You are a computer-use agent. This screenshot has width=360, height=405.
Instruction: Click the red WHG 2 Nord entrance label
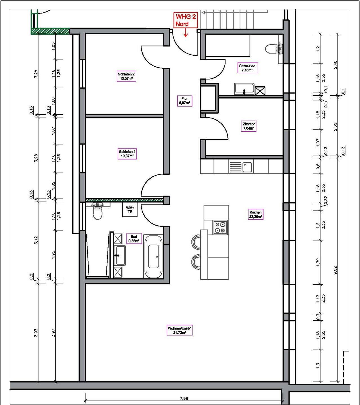click(x=185, y=20)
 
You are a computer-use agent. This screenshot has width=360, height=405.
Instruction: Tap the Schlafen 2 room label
click(x=126, y=76)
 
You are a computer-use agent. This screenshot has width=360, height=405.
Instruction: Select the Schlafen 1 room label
click(x=127, y=154)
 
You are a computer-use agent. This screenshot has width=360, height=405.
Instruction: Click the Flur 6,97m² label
click(x=184, y=101)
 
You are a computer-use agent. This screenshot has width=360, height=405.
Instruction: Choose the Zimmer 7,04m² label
click(x=249, y=126)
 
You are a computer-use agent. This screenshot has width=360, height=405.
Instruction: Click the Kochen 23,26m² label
click(x=256, y=214)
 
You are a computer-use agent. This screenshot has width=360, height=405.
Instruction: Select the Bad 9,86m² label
click(x=134, y=239)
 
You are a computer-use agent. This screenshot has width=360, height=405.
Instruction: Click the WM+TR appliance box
click(x=130, y=210)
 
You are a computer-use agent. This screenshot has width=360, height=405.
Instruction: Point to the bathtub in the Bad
click(x=153, y=257)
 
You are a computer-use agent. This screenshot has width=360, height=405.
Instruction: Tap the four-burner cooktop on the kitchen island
click(x=220, y=228)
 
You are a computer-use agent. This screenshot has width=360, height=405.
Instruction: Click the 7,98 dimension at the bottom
click(x=184, y=399)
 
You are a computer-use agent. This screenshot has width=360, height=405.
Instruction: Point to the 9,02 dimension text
click(x=336, y=270)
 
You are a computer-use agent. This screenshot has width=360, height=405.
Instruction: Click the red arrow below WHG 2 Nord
click(x=186, y=33)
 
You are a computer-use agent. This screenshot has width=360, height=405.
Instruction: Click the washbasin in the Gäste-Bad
click(x=244, y=89)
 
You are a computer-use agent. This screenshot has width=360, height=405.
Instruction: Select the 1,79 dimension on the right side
click(x=318, y=262)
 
